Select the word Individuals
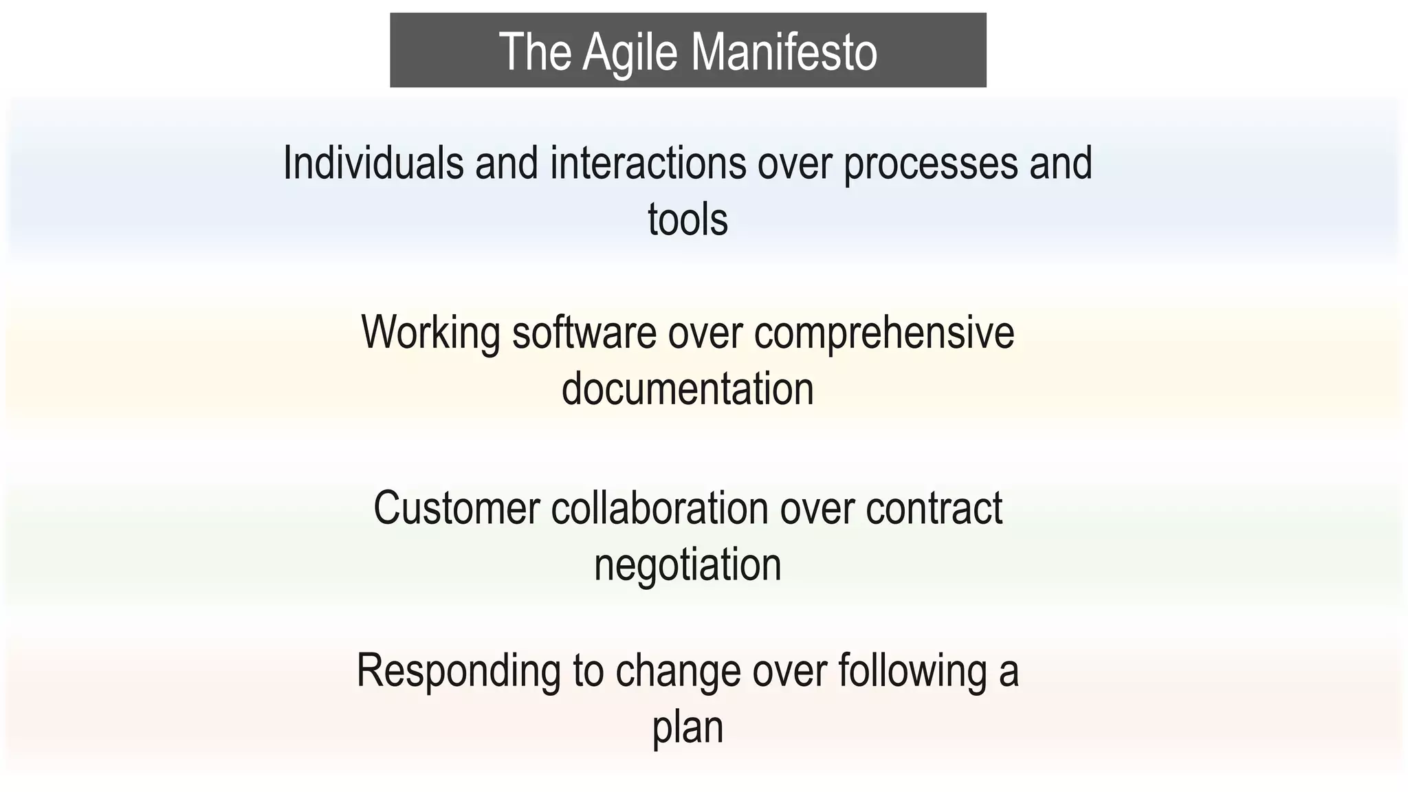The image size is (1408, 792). click(373, 163)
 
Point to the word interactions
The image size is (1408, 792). click(648, 163)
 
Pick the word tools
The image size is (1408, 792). click(687, 219)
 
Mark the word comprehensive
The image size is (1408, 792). click(884, 333)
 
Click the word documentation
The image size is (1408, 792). click(687, 388)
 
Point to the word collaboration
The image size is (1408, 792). click(659, 508)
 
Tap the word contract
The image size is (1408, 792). click(934, 509)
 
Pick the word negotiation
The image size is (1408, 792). click(687, 566)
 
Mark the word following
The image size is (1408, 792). click(912, 672)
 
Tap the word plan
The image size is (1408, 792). click(687, 728)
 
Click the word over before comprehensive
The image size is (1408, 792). click(705, 333)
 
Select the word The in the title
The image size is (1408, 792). click(535, 52)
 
